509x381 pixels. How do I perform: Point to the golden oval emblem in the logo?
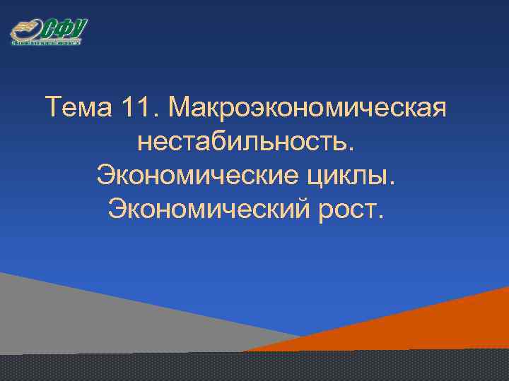(25, 32)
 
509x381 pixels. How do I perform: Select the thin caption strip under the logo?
(46, 43)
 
